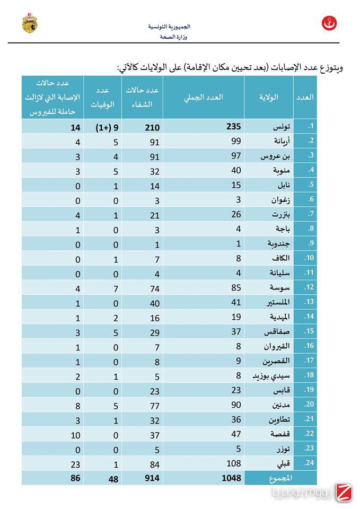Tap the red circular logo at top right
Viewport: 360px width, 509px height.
329,23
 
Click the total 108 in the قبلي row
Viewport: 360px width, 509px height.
234,463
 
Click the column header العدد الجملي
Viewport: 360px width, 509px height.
203,97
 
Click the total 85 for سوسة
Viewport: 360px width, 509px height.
235,288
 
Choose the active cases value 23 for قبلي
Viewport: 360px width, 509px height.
74,463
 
